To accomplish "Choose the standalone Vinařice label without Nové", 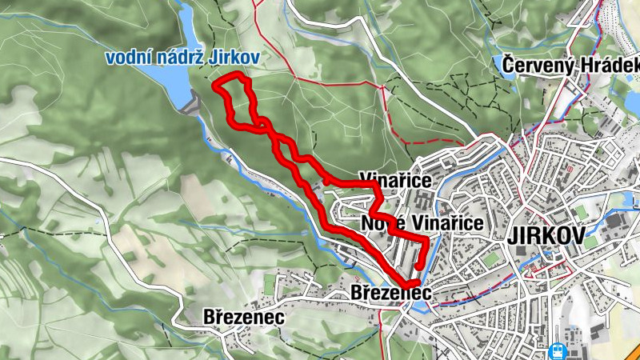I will pos(395,179).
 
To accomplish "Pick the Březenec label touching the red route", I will pos(391,294).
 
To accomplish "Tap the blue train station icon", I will pos(556,350).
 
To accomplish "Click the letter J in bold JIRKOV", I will pos(512,239).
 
